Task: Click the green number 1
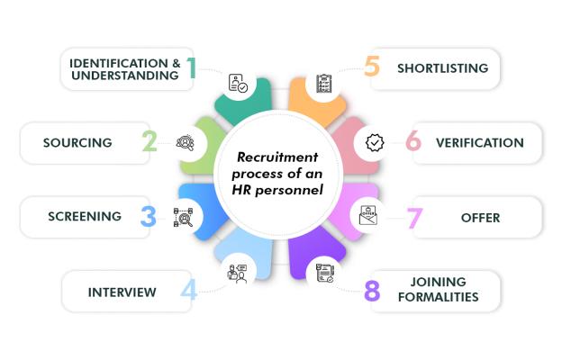click(192, 67)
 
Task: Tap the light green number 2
click(150, 141)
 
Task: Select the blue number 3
click(149, 216)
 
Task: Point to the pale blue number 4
click(189, 290)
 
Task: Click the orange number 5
click(372, 66)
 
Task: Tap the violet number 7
click(414, 218)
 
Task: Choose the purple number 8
click(372, 290)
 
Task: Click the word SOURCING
click(77, 142)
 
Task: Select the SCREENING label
click(85, 216)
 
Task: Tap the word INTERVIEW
click(122, 292)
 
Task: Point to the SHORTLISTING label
click(442, 68)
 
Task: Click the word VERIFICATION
click(480, 142)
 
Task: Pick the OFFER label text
click(480, 218)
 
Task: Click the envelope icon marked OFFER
click(368, 215)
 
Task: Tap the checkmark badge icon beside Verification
click(375, 142)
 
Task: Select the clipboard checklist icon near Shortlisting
click(324, 84)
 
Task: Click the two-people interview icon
click(237, 274)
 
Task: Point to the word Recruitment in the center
click(277, 157)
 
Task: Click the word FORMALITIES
click(438, 297)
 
